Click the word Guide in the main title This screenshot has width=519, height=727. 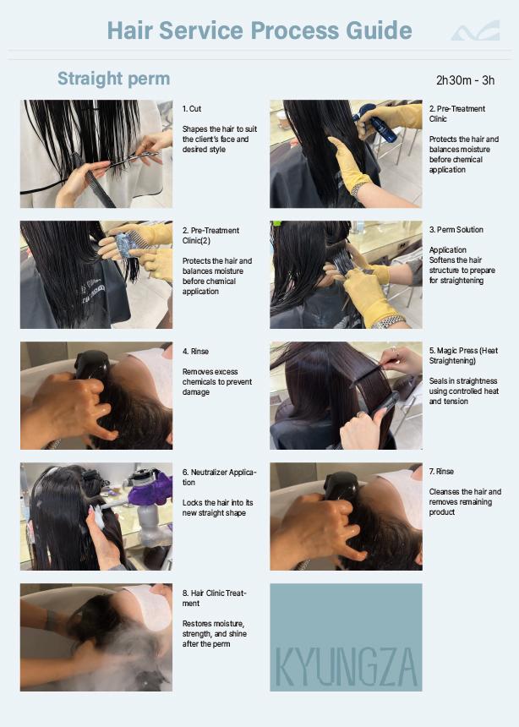pos(379,30)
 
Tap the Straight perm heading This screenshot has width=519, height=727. pos(113,79)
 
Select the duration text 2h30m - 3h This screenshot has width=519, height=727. pos(465,80)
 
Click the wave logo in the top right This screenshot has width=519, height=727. pos(476,30)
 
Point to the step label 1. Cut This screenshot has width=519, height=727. pos(192,108)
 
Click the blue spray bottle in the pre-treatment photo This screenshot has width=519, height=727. pos(377,123)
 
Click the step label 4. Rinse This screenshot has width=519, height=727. pos(195,352)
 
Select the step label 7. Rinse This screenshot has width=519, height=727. pos(441,471)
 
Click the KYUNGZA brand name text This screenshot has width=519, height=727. pos(346,668)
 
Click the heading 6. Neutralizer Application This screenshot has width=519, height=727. pos(219,477)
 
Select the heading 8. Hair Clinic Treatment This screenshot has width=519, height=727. pos(215,599)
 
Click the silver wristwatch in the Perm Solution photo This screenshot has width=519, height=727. pos(388,322)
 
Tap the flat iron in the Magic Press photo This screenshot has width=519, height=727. pos(374,408)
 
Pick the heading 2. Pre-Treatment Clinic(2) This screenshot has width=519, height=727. pos(210,236)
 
